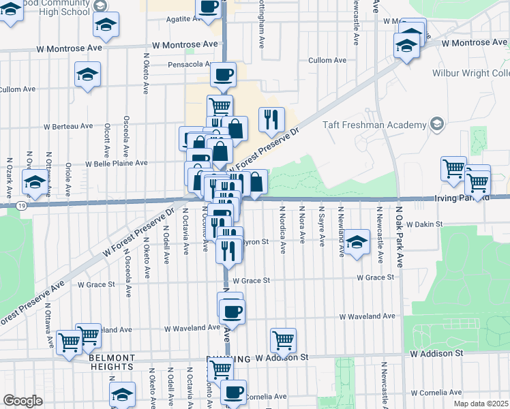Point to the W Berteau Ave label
(x=68, y=126)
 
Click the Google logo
(x=22, y=401)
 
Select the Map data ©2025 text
(x=481, y=404)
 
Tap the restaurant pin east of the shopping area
(x=271, y=120)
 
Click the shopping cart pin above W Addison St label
(x=283, y=338)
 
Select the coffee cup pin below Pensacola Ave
(x=223, y=74)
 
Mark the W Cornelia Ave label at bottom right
(x=436, y=393)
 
